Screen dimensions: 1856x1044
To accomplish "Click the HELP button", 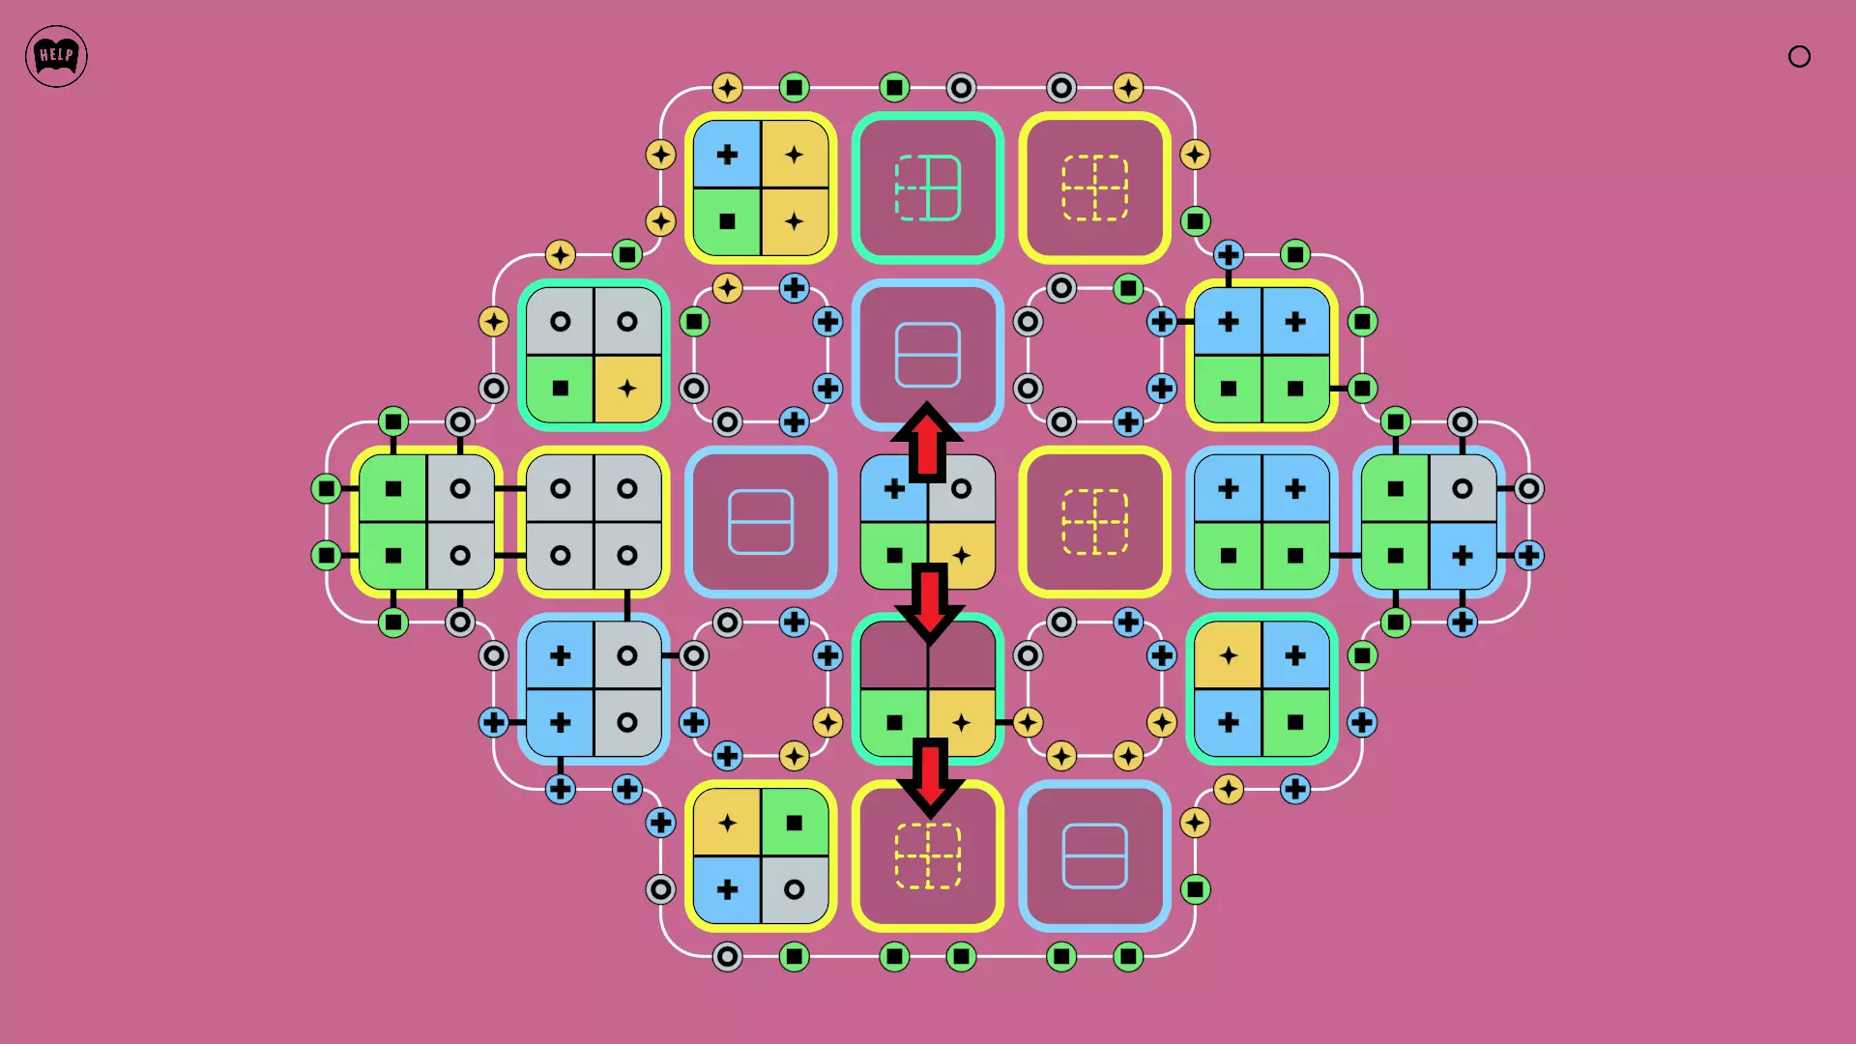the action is [x=56, y=56].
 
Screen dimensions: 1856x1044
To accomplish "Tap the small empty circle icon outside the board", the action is [x=1799, y=56].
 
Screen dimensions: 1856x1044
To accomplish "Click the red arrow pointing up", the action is [x=927, y=442].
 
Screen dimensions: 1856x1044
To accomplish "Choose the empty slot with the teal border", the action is [x=928, y=188].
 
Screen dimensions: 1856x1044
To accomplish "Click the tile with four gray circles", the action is [x=594, y=522].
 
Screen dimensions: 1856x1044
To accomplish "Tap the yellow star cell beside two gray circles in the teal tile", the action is [x=627, y=389].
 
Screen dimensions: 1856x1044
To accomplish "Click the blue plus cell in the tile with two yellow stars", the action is [x=727, y=154].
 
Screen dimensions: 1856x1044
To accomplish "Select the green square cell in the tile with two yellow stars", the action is [x=727, y=221].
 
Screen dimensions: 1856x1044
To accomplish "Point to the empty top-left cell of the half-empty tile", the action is [x=894, y=654].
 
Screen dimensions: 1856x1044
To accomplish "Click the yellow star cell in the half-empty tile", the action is [x=962, y=722].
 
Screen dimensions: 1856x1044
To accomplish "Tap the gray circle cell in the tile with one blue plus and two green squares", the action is [x=1463, y=488].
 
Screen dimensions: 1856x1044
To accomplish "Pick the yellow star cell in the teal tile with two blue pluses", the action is [x=1228, y=655].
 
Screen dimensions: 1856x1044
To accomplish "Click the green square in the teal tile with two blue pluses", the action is [x=1295, y=722].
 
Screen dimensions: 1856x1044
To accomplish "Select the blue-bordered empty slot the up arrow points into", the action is [x=928, y=355].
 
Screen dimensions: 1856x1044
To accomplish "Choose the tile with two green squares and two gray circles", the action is [x=426, y=522].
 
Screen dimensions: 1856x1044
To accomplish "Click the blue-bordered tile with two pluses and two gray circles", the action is [x=594, y=689].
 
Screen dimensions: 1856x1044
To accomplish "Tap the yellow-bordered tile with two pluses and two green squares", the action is [x=1261, y=355].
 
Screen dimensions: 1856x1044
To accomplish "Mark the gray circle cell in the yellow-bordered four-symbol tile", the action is [x=795, y=889].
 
